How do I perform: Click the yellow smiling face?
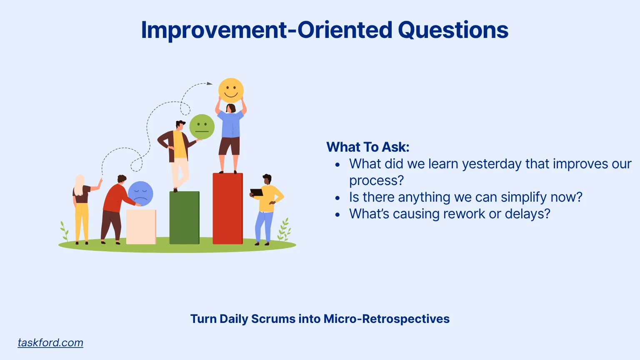231,90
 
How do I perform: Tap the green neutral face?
202,127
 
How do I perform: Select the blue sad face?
140,194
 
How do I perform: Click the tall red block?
228,209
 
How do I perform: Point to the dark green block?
185,218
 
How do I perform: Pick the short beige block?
141,227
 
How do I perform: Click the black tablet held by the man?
257,192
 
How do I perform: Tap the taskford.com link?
50,342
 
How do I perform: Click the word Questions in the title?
453,30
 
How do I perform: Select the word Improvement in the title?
214,30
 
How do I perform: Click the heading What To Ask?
368,147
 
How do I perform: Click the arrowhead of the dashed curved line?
210,83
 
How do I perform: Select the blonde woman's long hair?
80,185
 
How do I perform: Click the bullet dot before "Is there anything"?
338,198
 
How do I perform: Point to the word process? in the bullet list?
377,180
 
